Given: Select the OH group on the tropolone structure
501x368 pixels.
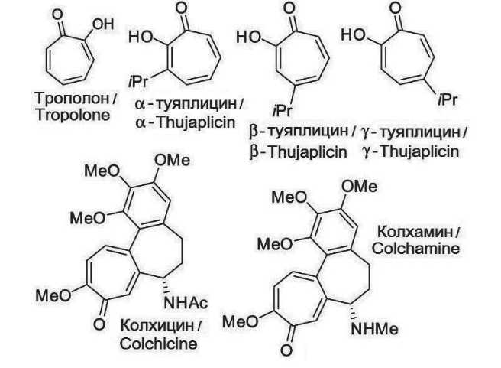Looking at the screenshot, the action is click(101, 24).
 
